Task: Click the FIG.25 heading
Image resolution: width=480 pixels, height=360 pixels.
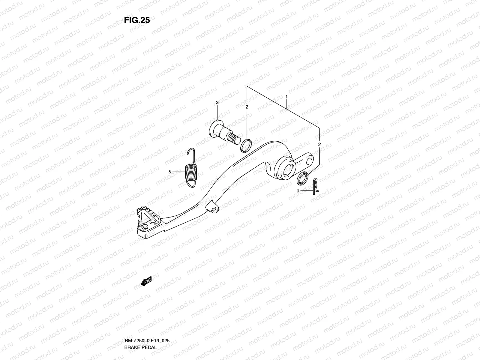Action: pyautogui.click(x=137, y=20)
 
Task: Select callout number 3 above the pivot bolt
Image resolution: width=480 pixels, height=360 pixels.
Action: pyautogui.click(x=217, y=103)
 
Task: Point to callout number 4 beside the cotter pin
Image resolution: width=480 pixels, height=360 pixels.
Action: pyautogui.click(x=298, y=190)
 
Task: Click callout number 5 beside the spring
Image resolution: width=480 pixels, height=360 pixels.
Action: pyautogui.click(x=170, y=172)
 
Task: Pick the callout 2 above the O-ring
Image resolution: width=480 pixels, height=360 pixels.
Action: pyautogui.click(x=247, y=107)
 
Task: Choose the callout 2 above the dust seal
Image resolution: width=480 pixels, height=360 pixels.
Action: pyautogui.click(x=319, y=144)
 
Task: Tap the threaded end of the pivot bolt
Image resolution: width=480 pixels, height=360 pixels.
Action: pyautogui.click(x=234, y=139)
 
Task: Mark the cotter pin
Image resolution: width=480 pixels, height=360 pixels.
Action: pyautogui.click(x=315, y=186)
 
